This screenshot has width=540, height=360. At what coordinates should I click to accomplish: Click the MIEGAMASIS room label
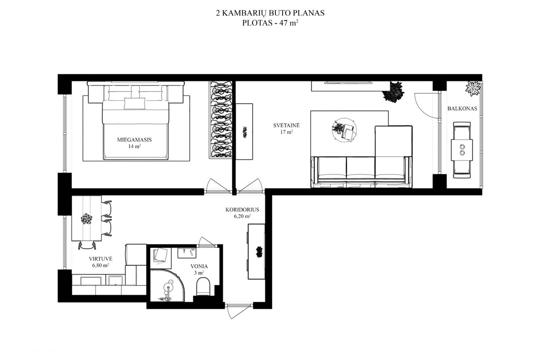pos(134,140)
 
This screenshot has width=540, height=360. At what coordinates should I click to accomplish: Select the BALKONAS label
pos(462,109)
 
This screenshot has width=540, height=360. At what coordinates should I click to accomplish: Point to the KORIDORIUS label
pos(242,210)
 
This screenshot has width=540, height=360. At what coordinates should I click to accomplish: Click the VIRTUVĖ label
pos(101,259)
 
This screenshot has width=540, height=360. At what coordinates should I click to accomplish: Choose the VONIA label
pos(199,267)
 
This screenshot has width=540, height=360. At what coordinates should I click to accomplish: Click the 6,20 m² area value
pos(242,216)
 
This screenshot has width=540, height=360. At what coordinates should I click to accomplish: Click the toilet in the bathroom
pos(203,286)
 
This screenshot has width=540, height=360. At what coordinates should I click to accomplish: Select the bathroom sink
pos(187,253)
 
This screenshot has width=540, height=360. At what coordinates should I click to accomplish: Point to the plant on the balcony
pos(473,88)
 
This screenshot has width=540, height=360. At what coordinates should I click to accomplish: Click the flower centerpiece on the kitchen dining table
pos(86,219)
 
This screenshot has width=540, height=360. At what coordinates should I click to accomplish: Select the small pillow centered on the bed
pos(134,103)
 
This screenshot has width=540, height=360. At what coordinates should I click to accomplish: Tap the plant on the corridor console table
pos(259,252)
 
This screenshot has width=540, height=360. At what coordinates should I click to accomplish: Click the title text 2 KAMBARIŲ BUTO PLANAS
pos(270,13)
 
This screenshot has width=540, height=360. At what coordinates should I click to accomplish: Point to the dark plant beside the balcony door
pos(393,91)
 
